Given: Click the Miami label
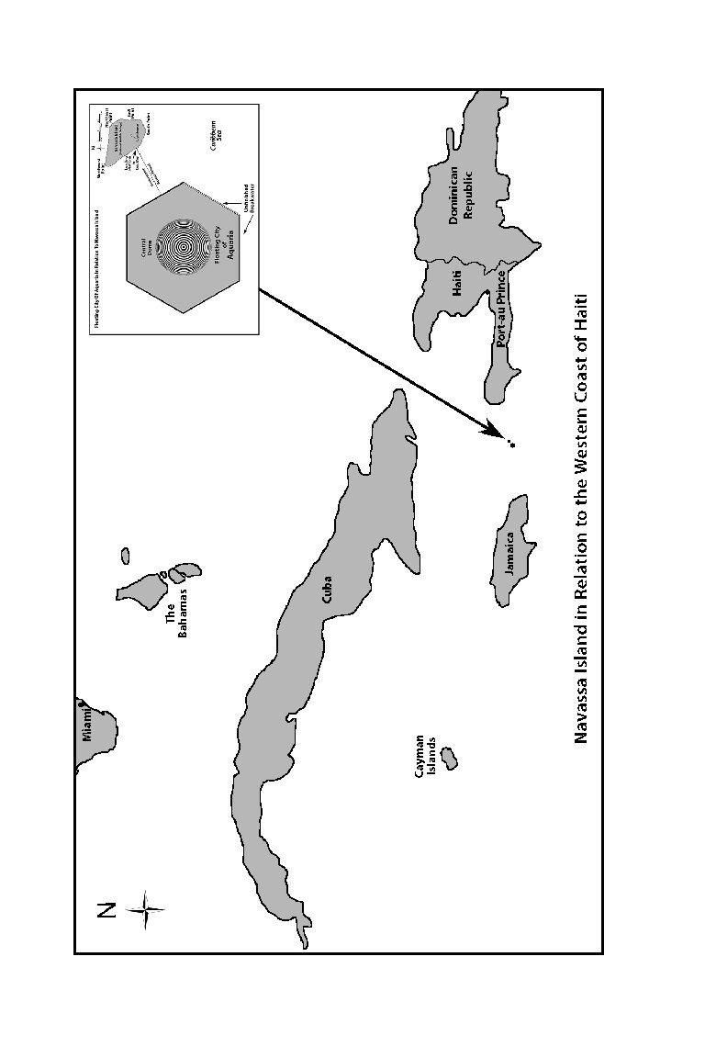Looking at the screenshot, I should pos(88,722).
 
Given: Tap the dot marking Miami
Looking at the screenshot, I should pos(81,703).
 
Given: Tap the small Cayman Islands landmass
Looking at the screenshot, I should pos(450,759).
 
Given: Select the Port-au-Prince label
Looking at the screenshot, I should pos(501,308).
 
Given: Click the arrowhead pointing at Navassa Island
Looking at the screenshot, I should pos(493,429).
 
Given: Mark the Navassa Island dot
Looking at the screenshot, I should pos(512,445).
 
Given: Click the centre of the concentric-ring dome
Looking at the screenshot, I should pos(184,248).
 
